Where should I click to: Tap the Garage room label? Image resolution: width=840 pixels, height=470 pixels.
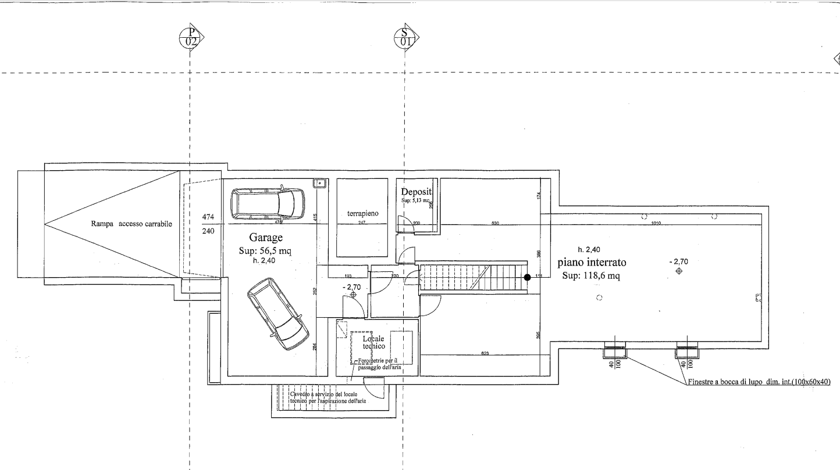click(x=266, y=238)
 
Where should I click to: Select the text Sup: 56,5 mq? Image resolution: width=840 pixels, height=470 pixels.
click(x=265, y=251)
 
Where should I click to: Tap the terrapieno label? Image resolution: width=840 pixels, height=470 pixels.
click(x=362, y=214)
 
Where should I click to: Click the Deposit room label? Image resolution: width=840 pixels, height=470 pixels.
click(x=417, y=192)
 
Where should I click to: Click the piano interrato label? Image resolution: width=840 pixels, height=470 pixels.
click(x=592, y=263)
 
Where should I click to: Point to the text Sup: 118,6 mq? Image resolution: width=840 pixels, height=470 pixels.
click(x=590, y=276)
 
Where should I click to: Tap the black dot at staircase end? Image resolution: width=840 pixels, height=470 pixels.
click(x=527, y=277)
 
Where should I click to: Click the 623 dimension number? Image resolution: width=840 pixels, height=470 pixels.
click(x=484, y=353)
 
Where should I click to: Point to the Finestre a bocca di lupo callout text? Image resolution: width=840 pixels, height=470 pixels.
click(x=759, y=382)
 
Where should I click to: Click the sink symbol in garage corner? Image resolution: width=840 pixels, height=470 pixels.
click(x=319, y=184)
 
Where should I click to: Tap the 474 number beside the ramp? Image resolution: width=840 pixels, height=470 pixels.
click(x=208, y=217)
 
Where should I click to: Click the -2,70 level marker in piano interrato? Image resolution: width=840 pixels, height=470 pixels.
click(x=679, y=262)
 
